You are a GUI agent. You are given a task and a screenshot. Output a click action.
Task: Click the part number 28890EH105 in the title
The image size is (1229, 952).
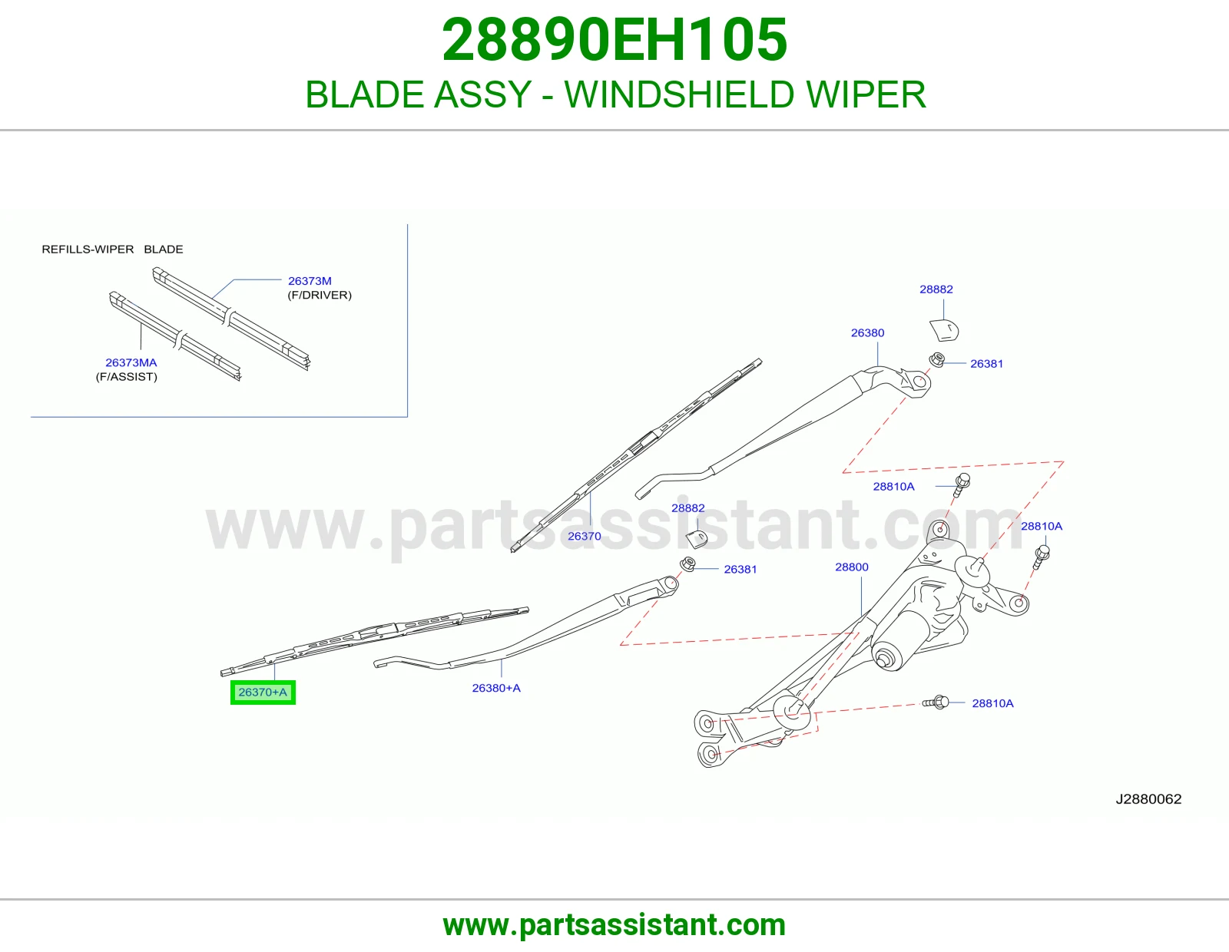coord(614,40)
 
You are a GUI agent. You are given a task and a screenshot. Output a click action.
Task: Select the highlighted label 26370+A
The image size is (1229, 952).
coord(263,692)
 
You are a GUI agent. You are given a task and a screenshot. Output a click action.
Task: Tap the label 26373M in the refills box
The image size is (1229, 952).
coord(310,281)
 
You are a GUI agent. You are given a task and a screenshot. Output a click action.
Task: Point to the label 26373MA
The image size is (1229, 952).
coord(131,362)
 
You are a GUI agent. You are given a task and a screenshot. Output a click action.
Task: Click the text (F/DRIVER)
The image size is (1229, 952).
coord(320,295)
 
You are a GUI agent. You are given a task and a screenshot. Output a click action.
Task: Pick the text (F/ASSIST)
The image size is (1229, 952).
coord(127,376)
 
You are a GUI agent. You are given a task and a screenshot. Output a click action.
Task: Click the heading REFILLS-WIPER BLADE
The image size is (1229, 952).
coord(113,250)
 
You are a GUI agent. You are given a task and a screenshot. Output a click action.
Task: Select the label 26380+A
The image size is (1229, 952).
coord(496,688)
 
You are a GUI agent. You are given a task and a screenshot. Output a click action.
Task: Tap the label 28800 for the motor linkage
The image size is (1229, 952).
coord(852,567)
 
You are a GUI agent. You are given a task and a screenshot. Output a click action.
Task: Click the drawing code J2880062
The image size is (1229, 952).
coord(1148,798)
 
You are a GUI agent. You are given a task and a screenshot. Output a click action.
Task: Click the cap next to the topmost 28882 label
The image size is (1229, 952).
coord(945,329)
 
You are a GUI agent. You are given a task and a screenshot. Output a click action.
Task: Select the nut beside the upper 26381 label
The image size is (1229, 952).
coord(937,359)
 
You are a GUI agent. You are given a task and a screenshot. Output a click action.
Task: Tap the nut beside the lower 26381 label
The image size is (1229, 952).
coord(687,564)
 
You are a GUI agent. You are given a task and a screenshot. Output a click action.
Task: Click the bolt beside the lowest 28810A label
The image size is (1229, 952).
coord(936,702)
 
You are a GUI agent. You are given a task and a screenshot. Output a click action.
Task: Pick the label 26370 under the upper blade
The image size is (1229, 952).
coord(585,536)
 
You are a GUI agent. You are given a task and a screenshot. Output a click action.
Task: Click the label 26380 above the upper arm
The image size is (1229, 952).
coord(867,333)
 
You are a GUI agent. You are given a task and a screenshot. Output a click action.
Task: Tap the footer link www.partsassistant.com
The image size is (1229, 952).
coord(614,925)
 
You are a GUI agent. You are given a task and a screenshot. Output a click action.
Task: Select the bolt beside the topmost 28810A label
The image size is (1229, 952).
coord(960,485)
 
